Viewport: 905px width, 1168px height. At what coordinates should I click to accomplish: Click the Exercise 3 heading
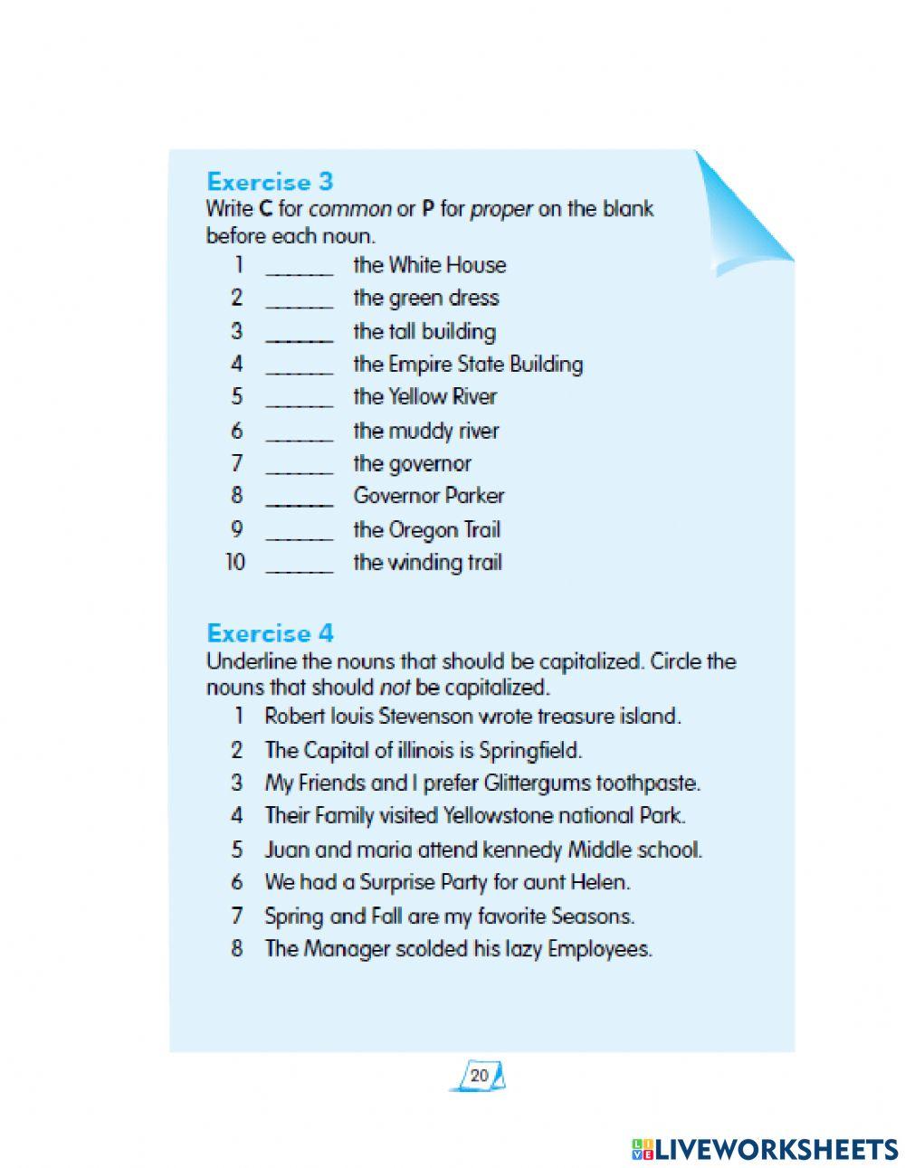pyautogui.click(x=270, y=182)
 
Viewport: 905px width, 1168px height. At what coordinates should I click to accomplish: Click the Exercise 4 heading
pyautogui.click(x=270, y=633)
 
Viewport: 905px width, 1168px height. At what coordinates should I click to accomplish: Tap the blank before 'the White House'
pyautogui.click(x=300, y=266)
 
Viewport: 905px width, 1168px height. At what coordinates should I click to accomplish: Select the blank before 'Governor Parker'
pyautogui.click(x=300, y=497)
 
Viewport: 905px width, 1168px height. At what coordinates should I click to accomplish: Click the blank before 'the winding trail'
pyautogui.click(x=300, y=564)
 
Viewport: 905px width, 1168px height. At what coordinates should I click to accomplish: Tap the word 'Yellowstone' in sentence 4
pyautogui.click(x=497, y=816)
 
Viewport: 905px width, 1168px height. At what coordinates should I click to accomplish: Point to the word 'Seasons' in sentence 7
pyautogui.click(x=592, y=916)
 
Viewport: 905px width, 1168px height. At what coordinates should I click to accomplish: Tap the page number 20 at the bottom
pyautogui.click(x=479, y=1076)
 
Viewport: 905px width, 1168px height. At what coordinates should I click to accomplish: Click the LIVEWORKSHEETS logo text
pyautogui.click(x=774, y=1149)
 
